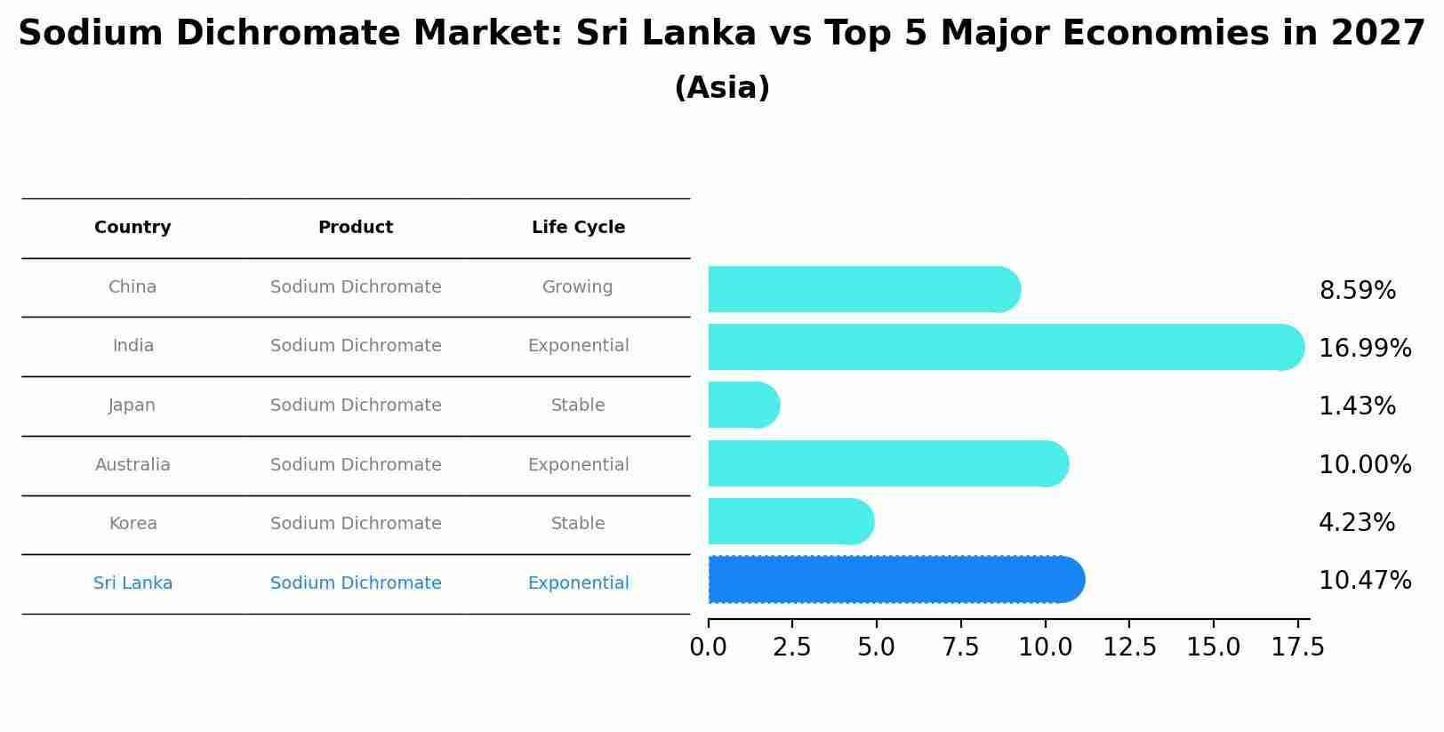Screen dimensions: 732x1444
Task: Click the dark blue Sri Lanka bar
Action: (894, 580)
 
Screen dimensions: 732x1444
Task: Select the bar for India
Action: (1005, 347)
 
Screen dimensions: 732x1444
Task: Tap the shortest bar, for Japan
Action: (743, 405)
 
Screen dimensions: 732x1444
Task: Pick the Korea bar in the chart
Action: (790, 521)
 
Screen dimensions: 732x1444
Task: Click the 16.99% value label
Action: (1364, 349)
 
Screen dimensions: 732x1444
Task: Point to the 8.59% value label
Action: (1357, 291)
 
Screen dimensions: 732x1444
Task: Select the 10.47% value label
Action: (1364, 581)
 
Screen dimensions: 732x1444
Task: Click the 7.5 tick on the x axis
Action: (960, 648)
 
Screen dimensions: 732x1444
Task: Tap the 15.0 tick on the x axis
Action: (1213, 648)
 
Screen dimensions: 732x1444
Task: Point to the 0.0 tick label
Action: (708, 648)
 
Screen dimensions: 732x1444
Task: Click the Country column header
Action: (132, 228)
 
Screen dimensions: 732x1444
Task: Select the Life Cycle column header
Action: (578, 228)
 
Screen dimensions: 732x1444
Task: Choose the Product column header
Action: (356, 228)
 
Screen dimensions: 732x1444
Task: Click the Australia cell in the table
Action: (132, 465)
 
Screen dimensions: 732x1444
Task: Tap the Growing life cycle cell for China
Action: (578, 287)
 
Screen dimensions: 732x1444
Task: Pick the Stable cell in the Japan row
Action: (578, 406)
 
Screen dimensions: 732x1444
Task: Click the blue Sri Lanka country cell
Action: (132, 583)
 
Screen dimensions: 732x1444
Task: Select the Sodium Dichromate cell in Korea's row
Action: (356, 524)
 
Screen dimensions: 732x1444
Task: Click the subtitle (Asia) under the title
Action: (722, 88)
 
